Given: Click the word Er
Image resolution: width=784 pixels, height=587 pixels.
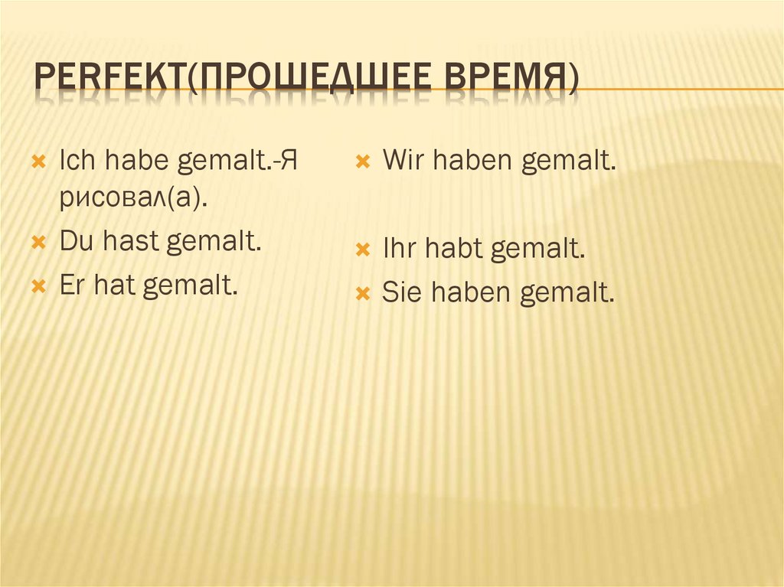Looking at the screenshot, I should click(73, 286).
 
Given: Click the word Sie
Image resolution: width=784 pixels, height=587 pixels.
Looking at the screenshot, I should click(401, 292).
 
